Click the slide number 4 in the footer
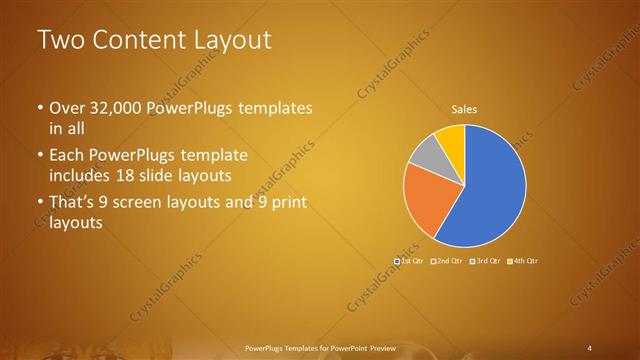(x=590, y=347)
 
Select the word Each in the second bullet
(x=68, y=156)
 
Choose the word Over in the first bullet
(x=68, y=108)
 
